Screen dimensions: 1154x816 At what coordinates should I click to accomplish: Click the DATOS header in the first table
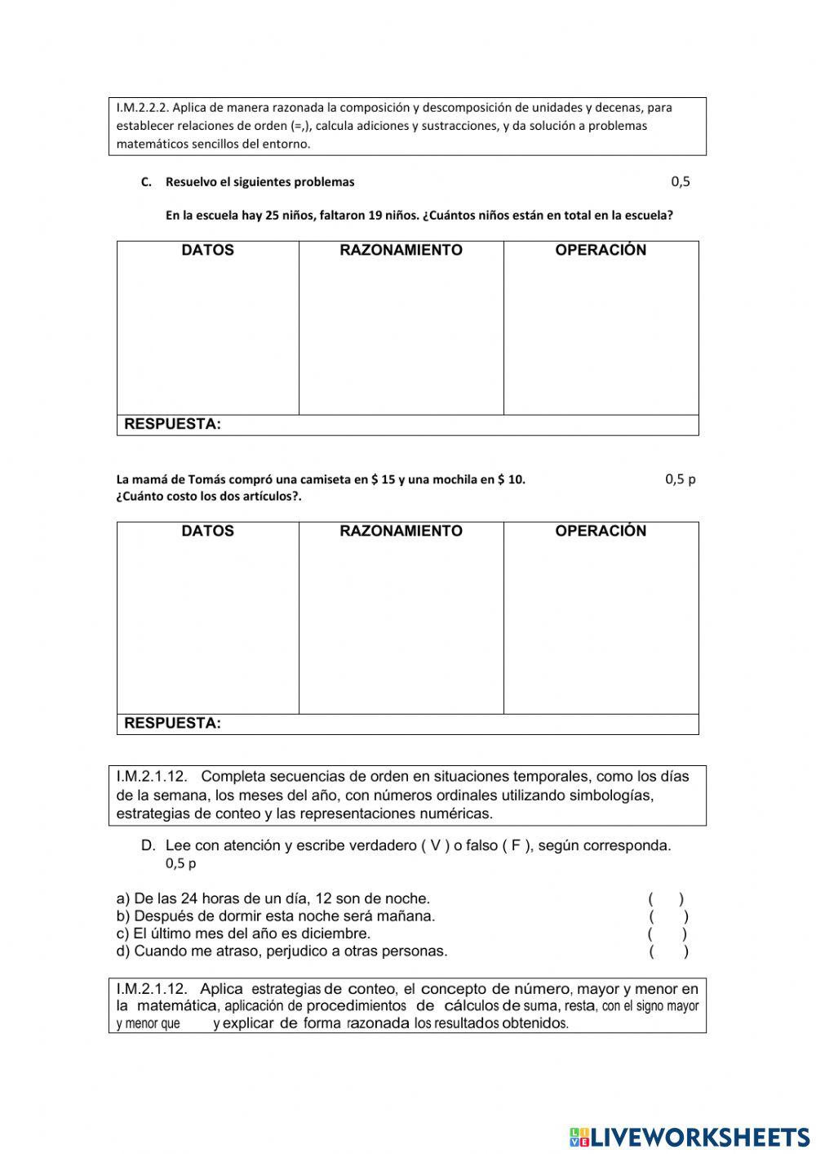[207, 250]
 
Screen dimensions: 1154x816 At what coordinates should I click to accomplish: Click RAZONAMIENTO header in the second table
[401, 531]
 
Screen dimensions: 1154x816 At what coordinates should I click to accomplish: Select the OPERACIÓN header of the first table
[601, 250]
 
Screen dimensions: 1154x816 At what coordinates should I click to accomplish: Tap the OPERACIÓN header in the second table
[601, 531]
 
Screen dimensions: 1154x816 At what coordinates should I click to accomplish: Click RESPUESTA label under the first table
[172, 425]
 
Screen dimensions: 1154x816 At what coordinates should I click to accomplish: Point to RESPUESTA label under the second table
[172, 724]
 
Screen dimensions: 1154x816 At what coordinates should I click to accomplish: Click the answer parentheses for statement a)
[667, 899]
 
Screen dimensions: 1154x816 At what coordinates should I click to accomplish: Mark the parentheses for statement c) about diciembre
[667, 933]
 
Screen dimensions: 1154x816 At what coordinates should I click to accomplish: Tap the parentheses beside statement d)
[669, 951]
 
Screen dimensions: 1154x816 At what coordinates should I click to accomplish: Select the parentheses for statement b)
[669, 916]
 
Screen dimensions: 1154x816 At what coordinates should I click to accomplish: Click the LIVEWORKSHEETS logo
[690, 1136]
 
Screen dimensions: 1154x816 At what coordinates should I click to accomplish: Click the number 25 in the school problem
[273, 216]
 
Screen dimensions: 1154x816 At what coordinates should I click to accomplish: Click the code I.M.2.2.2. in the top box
[143, 107]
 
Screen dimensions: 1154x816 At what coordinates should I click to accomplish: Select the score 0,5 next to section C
[681, 181]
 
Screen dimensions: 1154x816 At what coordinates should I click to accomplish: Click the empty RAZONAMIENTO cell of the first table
[401, 335]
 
